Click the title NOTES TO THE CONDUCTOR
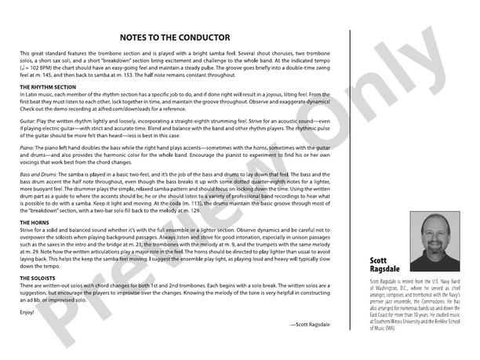point(174,37)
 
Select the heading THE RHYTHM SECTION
point(51,86)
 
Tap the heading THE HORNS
point(35,223)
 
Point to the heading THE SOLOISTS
point(39,278)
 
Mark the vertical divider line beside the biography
point(349,180)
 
